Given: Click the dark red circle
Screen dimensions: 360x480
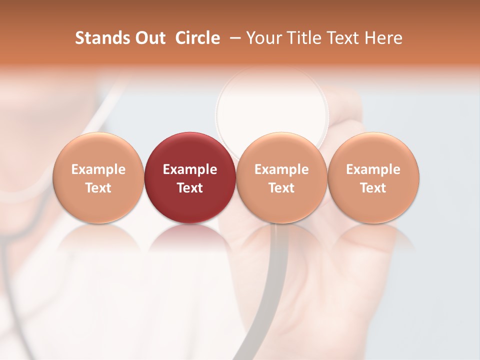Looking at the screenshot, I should [190, 177].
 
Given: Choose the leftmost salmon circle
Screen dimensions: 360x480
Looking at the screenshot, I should [98, 177].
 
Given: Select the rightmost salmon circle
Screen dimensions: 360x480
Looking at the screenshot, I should [373, 177].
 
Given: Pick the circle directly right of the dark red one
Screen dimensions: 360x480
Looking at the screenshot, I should [281, 177].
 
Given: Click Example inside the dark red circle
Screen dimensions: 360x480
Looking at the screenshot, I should [190, 169].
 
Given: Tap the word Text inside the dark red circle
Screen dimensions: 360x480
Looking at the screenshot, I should [190, 188].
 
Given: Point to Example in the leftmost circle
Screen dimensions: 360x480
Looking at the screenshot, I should [98, 169].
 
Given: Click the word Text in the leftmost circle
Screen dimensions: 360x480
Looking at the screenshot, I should [98, 188].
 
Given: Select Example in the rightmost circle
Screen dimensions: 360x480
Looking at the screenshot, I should [373, 169].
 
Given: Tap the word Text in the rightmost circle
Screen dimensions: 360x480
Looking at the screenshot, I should [373, 188].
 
